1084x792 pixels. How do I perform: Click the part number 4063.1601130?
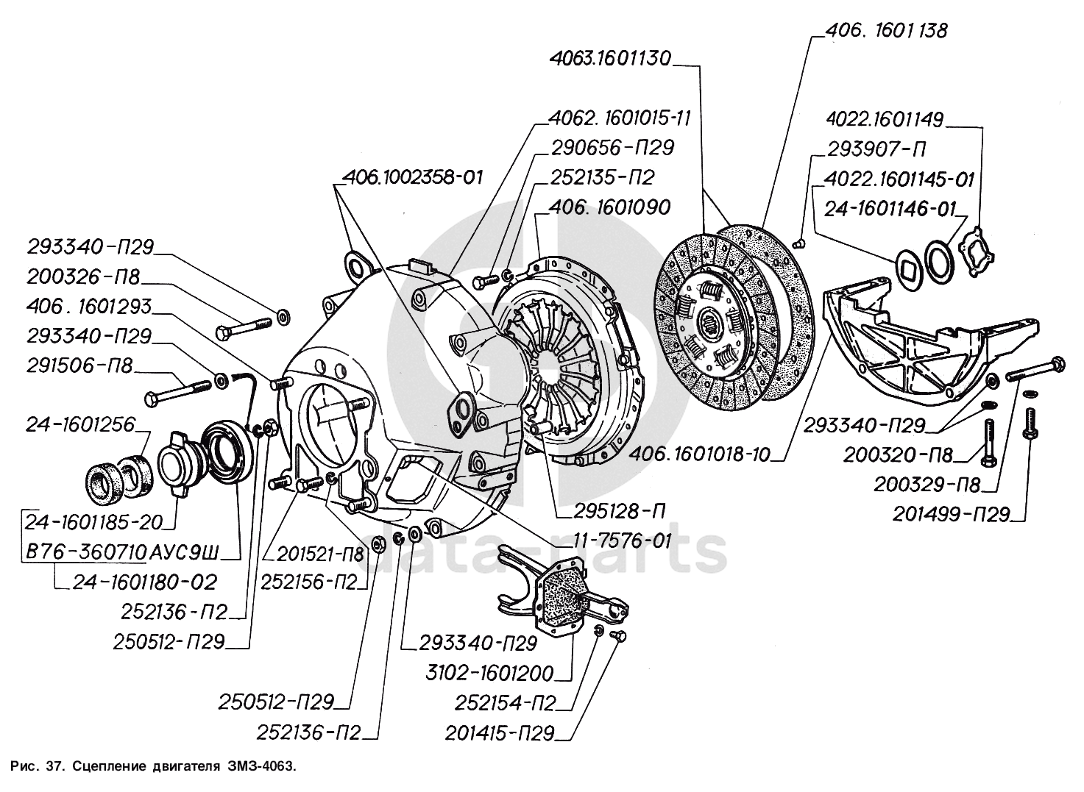[610, 59]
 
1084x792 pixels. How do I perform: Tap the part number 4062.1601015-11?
[620, 118]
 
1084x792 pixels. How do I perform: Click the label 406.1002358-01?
[413, 177]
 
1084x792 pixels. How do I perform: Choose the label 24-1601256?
[81, 424]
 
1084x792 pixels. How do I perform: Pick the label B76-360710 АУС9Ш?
[122, 551]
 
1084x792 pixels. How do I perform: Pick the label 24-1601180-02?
[145, 582]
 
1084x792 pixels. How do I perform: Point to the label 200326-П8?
[83, 277]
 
